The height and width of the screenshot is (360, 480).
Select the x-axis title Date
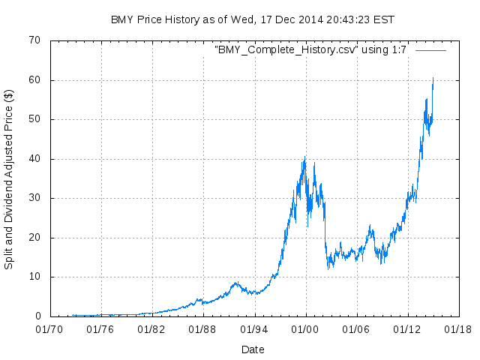point(253,349)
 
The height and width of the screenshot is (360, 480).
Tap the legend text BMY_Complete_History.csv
point(312,49)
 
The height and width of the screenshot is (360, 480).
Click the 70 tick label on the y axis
point(34,40)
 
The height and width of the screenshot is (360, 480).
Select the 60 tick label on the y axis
point(34,80)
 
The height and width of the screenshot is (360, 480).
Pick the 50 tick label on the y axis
point(34,119)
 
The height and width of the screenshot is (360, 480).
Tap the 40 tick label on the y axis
point(34,159)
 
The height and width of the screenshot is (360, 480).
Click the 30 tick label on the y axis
point(34,198)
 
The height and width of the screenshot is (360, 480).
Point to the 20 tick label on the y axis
point(34,238)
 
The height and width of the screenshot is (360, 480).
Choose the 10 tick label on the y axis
point(34,277)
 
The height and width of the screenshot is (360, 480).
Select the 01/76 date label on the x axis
point(100,328)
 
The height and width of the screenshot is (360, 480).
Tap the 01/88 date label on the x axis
point(202,328)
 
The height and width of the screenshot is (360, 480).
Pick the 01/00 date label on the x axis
point(304,328)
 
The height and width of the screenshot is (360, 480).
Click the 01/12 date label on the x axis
point(406,328)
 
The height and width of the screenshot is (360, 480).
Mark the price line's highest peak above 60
point(433,78)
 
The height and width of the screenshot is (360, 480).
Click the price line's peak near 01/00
point(304,157)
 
